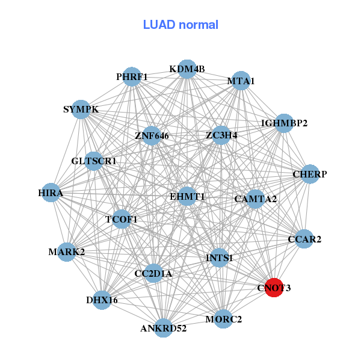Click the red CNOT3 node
[274, 288]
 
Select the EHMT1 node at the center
[187, 196]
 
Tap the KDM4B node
[187, 69]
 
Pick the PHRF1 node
[132, 76]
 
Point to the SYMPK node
[81, 110]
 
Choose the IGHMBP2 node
[285, 123]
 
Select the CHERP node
[309, 174]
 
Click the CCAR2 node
[304, 239]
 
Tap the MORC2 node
[223, 319]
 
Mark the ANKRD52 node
[164, 328]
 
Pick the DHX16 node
[102, 300]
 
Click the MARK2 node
[67, 251]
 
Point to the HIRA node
[51, 193]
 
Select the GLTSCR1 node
[94, 161]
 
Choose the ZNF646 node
[152, 136]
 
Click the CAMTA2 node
[256, 199]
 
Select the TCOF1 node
[122, 219]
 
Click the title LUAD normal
[180, 25]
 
